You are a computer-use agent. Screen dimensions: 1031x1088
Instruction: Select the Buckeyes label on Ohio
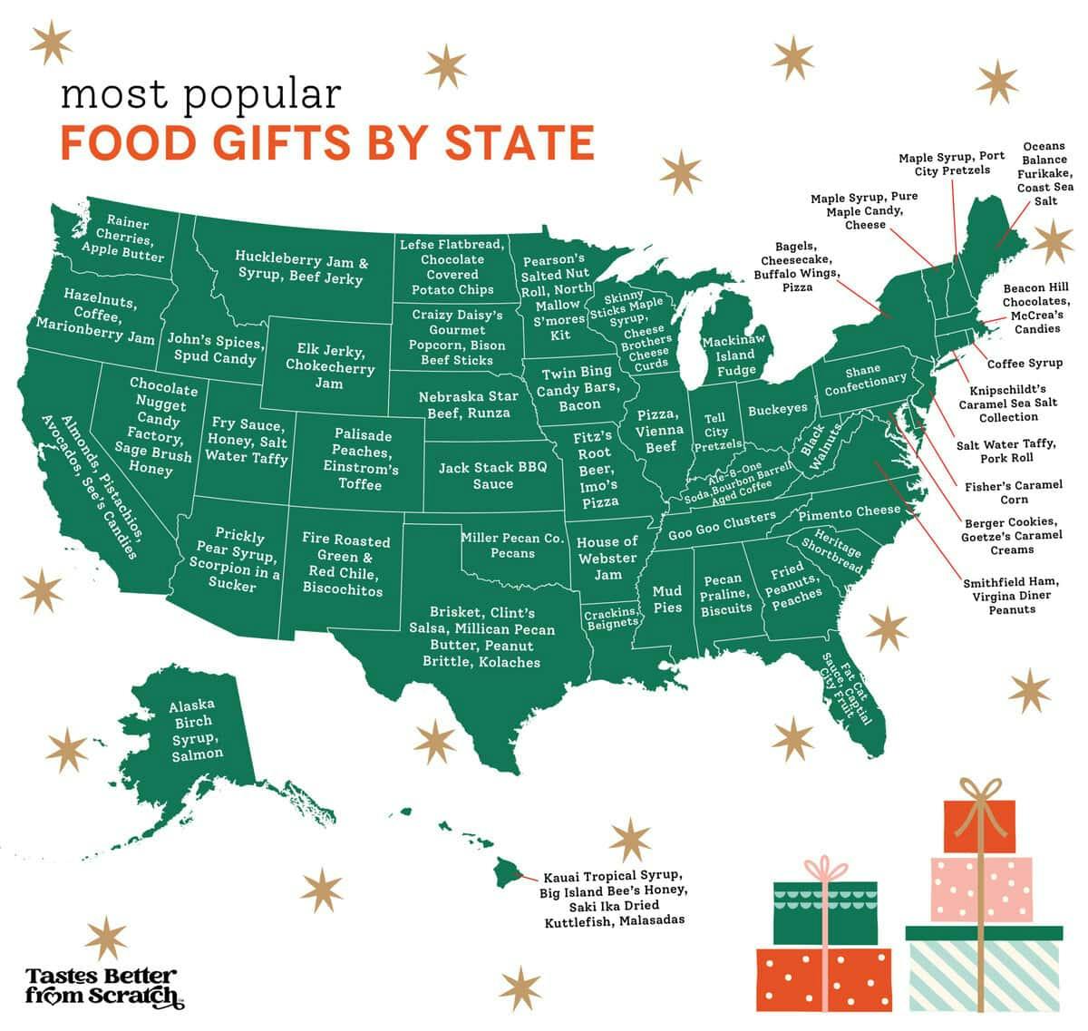pos(777,409)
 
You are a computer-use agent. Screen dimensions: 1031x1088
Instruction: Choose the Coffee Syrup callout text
pos(1025,363)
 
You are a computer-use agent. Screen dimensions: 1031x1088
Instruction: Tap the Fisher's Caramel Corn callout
pos(1013,491)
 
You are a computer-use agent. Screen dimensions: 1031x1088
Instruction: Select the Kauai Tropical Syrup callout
pos(613,899)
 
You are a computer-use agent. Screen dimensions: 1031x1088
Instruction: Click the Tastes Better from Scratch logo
pos(102,987)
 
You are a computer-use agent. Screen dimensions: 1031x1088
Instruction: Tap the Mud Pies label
pos(667,599)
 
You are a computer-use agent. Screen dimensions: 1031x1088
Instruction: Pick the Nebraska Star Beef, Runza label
pos(468,404)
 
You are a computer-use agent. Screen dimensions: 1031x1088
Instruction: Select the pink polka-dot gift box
pos(981,889)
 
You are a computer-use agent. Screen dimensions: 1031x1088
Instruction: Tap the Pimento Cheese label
pos(850,512)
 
